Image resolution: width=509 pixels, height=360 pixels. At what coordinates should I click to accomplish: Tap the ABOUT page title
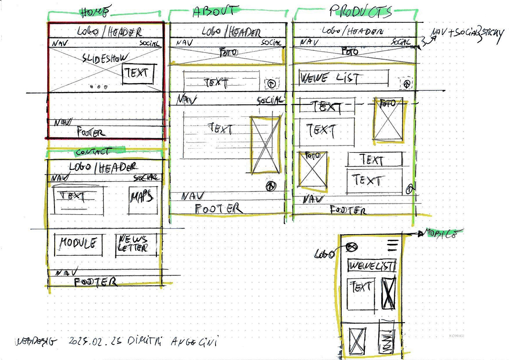coord(215,11)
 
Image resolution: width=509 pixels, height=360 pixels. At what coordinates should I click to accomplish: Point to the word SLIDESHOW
coord(105,58)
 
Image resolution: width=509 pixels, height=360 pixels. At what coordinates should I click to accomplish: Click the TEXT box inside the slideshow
coord(138,74)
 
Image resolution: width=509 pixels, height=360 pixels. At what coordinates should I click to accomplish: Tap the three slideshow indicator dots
coord(99,87)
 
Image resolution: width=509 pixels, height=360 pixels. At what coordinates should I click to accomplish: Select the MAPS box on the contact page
coord(143,199)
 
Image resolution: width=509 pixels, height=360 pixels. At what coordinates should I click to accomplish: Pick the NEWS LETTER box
coord(136,244)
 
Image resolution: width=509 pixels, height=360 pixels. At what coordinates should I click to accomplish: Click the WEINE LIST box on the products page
coord(343,78)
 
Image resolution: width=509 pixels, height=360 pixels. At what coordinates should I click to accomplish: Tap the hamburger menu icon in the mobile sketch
coord(392,245)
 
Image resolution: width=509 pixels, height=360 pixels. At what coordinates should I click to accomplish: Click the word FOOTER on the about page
coord(218,208)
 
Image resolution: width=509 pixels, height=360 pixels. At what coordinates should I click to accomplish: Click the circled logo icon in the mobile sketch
coord(352,247)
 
